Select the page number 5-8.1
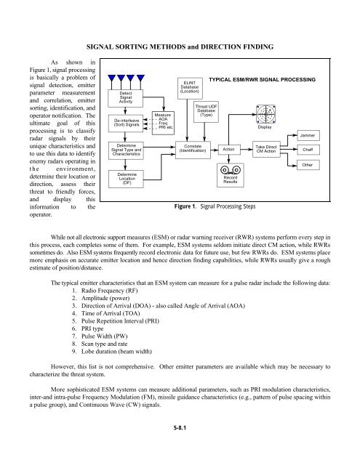(x=180, y=449)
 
